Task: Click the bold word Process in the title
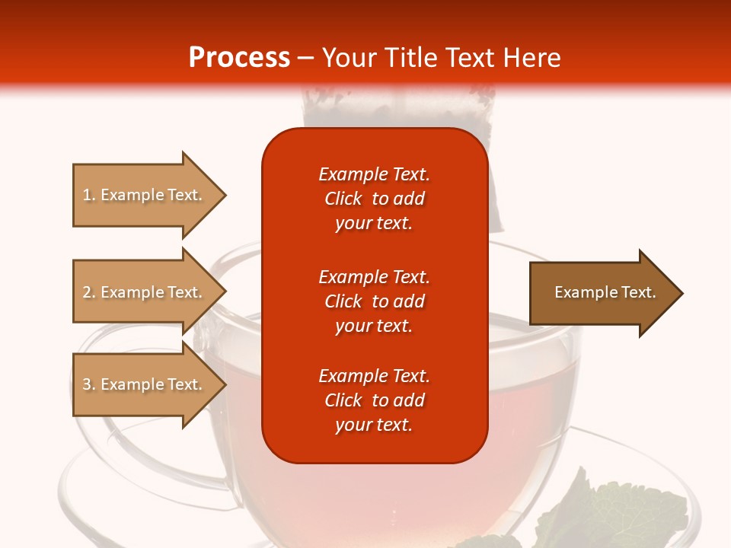pyautogui.click(x=239, y=57)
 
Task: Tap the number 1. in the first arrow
pyautogui.click(x=89, y=195)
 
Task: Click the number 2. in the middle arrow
pyautogui.click(x=89, y=292)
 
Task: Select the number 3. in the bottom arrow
pyautogui.click(x=89, y=384)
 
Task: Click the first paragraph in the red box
pyautogui.click(x=374, y=199)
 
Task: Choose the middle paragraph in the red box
pyautogui.click(x=374, y=301)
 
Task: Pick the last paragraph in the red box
pyautogui.click(x=374, y=400)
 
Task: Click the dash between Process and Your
pyautogui.click(x=306, y=58)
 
